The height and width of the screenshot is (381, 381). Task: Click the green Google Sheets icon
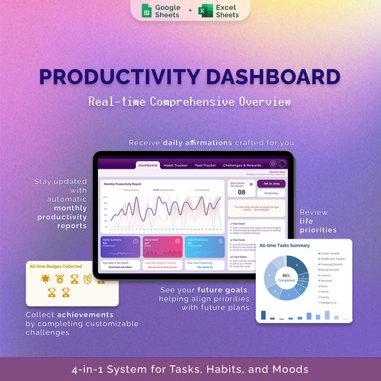click(x=147, y=11)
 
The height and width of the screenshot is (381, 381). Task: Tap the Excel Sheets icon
click(x=206, y=11)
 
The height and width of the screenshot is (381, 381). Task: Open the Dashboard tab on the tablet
click(x=148, y=165)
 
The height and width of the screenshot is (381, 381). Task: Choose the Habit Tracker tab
click(x=176, y=165)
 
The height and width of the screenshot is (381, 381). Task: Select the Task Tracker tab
click(x=205, y=165)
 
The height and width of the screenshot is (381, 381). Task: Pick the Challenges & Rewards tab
click(x=243, y=165)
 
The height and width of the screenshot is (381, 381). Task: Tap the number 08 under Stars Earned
click(x=242, y=192)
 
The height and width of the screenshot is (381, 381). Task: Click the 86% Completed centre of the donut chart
click(x=286, y=277)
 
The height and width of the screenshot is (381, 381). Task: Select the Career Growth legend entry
click(x=331, y=253)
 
